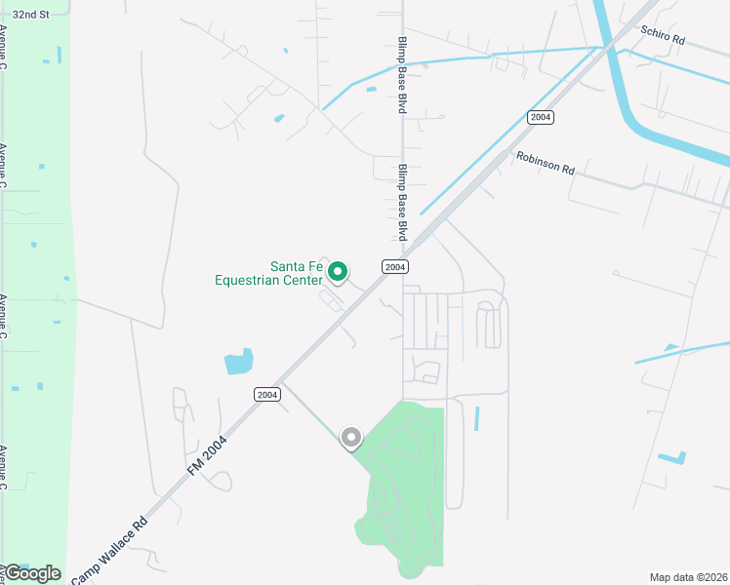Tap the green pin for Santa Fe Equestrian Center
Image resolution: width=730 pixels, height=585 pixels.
click(338, 271)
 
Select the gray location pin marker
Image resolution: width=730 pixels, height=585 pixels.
click(350, 438)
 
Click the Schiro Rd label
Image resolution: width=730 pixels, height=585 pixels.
click(665, 38)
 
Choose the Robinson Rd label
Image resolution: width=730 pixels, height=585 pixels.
click(546, 161)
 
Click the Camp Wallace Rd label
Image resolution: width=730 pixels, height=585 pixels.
click(109, 548)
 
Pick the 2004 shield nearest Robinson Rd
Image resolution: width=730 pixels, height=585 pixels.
click(541, 117)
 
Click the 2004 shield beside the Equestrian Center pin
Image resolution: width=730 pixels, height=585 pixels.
click(394, 266)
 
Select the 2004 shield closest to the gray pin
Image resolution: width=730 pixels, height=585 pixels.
click(267, 394)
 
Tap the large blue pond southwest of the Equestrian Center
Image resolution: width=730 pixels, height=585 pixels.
click(238, 362)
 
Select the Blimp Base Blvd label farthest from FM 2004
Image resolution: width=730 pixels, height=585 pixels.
click(401, 75)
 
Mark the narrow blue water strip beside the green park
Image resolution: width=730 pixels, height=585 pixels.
click(476, 418)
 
